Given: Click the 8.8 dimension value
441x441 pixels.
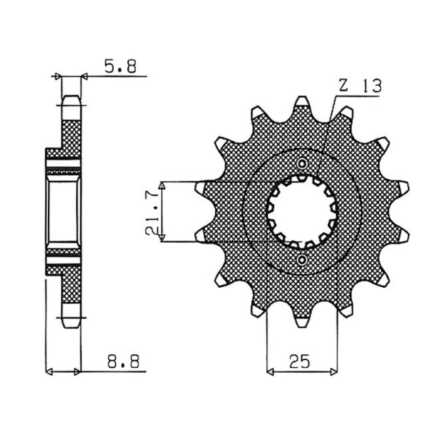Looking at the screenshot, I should (x=124, y=362).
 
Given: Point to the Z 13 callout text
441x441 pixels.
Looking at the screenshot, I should (x=360, y=87).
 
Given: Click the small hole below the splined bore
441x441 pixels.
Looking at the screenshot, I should (x=302, y=259).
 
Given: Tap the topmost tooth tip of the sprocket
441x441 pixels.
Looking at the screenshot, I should (x=302, y=100).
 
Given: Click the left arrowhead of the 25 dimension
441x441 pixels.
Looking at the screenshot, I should (x=270, y=371).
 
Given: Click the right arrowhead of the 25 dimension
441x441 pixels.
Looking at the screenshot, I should (x=333, y=371).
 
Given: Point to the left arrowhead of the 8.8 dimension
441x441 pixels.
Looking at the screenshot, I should (x=50, y=371).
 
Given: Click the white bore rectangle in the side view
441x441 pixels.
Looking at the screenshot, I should (x=64, y=211).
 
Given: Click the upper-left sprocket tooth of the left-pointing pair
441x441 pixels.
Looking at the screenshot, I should (x=201, y=187).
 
